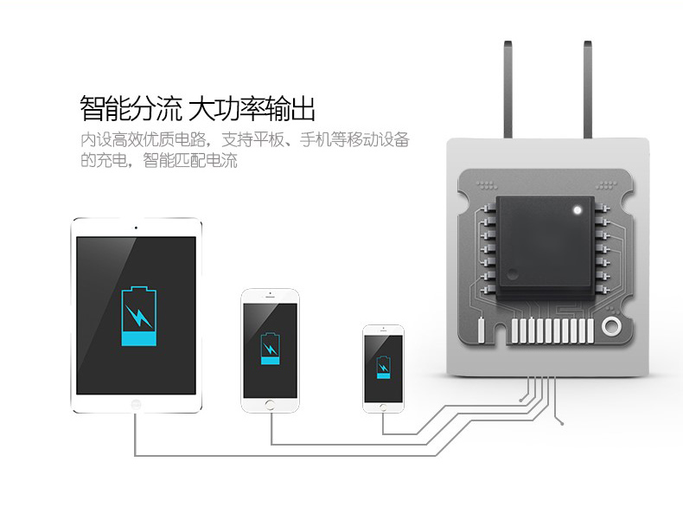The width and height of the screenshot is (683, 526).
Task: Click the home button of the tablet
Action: click(x=136, y=404)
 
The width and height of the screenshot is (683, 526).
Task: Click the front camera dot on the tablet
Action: click(x=136, y=228)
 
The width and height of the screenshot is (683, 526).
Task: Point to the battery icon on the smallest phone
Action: click(x=383, y=368)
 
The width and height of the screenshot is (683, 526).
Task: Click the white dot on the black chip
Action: click(x=575, y=209)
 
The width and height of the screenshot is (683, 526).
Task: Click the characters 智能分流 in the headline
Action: click(x=130, y=110)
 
